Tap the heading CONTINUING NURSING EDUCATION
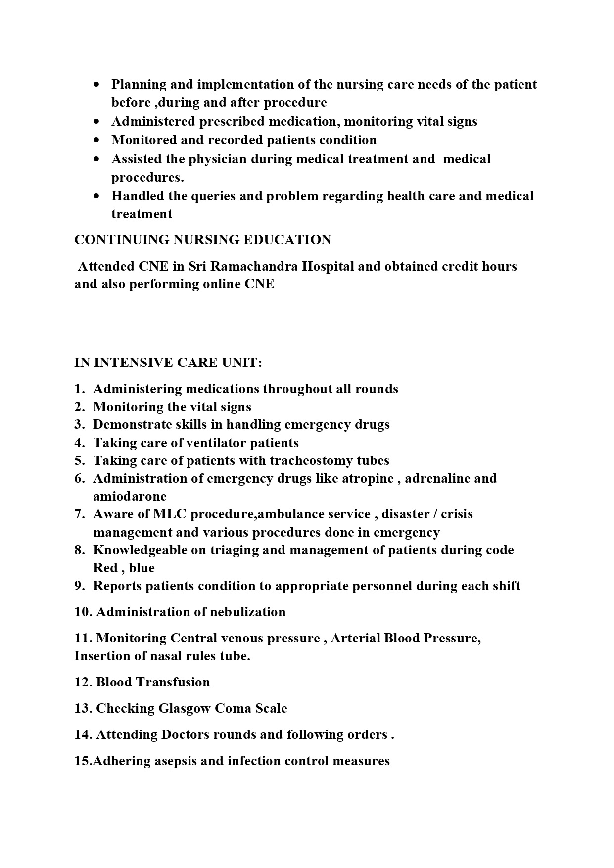tap(202, 240)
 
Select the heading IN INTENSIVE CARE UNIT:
tap(168, 363)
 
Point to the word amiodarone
tap(130, 496)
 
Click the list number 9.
tap(80, 586)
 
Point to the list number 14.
tap(83, 734)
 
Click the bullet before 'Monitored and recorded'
tap(96, 140)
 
